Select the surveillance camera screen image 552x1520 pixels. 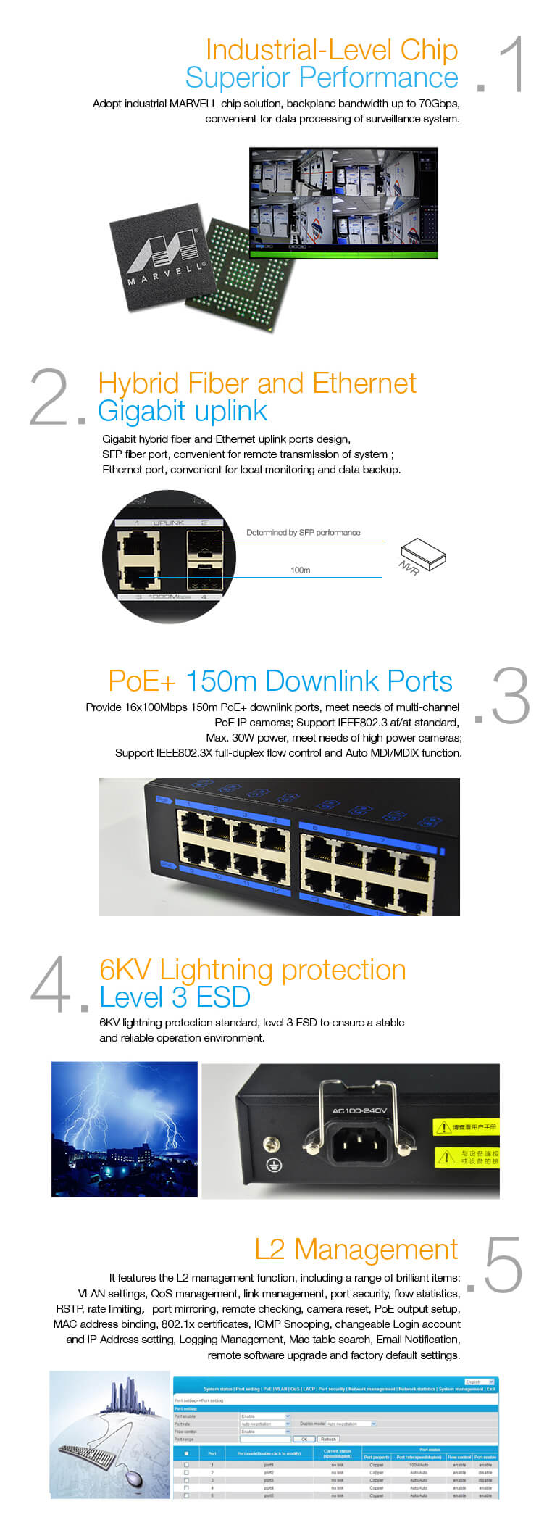click(343, 203)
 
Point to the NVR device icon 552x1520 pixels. click(424, 554)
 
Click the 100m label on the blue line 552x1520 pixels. click(300, 570)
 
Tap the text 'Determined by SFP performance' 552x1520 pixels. click(303, 533)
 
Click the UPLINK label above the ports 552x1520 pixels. click(169, 523)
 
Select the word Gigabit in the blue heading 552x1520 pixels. click(142, 411)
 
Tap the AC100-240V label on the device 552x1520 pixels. click(359, 1110)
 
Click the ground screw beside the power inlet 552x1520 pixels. click(272, 1143)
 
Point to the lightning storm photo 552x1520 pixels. click(124, 1129)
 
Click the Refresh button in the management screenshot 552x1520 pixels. click(328, 1439)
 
